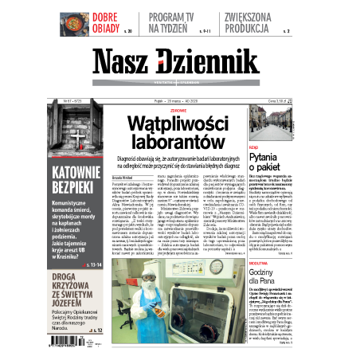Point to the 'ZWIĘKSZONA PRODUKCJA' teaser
tap(256, 22)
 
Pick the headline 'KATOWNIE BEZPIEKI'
tap(77, 180)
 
